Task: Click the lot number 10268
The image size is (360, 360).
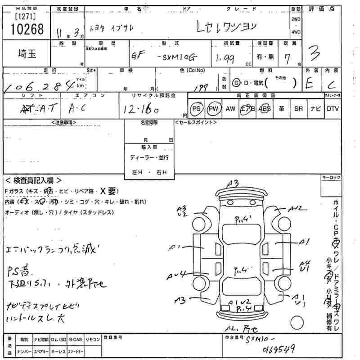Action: coord(27,29)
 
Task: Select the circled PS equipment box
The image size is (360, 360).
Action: coord(196,108)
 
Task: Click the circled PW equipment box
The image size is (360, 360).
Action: coord(213,108)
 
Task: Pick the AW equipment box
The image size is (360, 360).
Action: coord(230,108)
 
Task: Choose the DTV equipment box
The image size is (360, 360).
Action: coord(332,108)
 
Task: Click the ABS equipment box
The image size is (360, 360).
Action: coord(265,108)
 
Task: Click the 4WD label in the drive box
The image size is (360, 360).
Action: coord(295,32)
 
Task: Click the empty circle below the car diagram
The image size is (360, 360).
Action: coord(299,323)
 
